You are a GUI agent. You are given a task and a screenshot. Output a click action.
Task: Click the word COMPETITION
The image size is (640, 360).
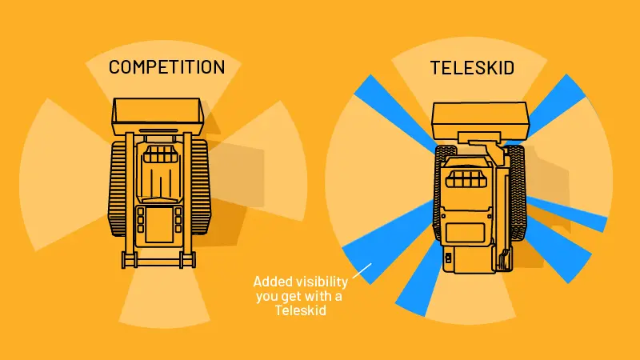166,67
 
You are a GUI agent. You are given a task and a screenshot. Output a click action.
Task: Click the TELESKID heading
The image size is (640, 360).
472,67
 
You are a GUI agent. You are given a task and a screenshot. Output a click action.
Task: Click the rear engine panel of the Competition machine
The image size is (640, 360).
158,225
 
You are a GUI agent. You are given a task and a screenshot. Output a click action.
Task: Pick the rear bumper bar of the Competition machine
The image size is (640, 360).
158,259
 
